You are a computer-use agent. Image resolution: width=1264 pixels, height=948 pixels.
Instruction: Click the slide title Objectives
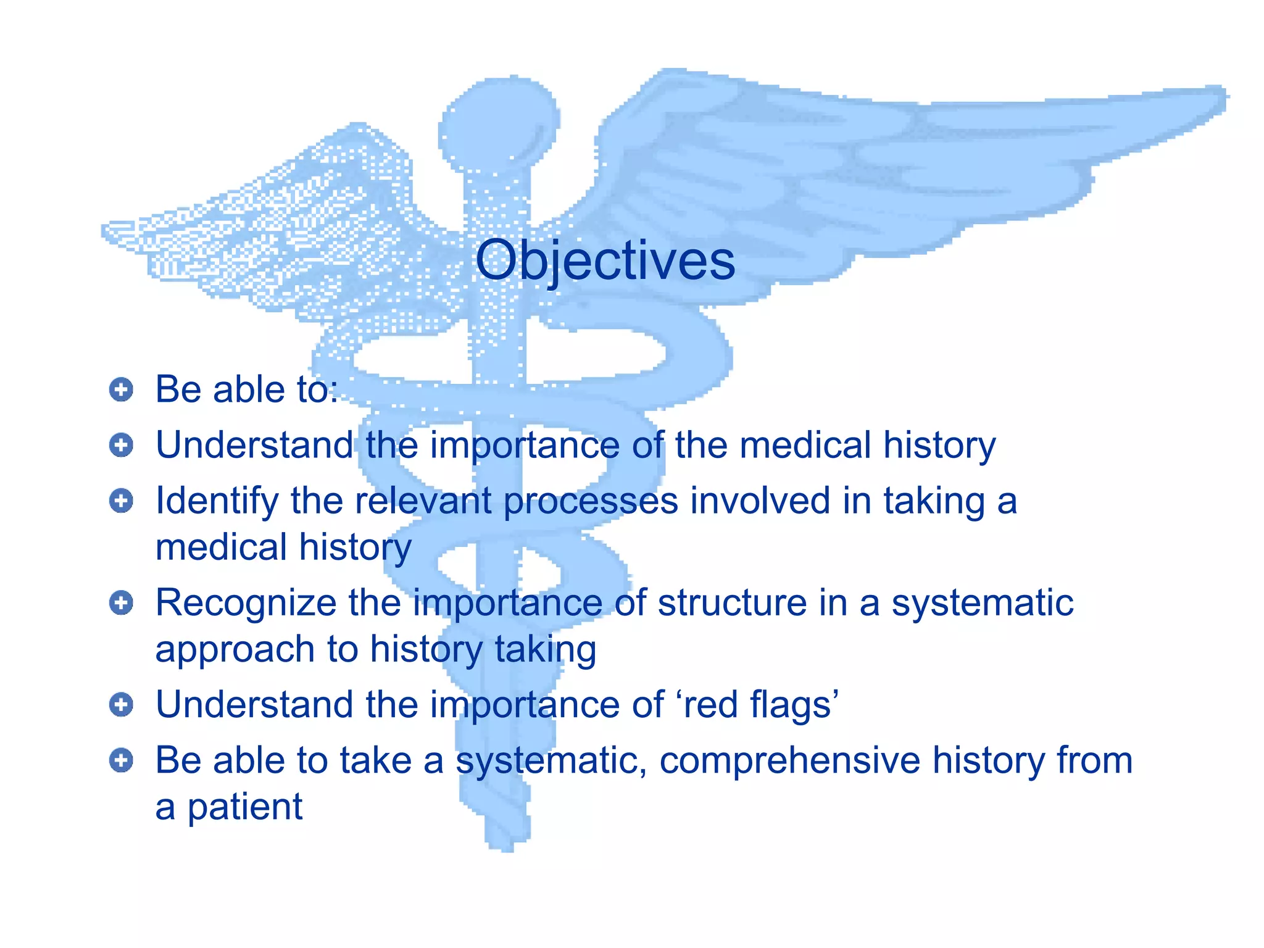(605, 261)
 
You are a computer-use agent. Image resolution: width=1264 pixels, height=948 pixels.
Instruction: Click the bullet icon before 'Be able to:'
(121, 389)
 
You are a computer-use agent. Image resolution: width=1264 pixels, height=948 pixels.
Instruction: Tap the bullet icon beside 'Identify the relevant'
(121, 501)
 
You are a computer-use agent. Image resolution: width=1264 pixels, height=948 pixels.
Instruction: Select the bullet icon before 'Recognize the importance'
(121, 602)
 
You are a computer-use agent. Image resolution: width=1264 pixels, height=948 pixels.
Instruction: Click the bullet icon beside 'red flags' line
(121, 704)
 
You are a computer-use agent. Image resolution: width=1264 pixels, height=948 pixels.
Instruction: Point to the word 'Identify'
(217, 501)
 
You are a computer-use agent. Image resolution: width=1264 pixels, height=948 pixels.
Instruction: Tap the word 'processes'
(591, 501)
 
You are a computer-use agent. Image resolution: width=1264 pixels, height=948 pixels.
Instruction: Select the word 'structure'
(732, 602)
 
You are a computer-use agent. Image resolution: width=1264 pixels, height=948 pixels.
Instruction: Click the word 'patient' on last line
(245, 807)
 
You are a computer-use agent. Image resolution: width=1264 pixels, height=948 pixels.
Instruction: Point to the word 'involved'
(760, 500)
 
